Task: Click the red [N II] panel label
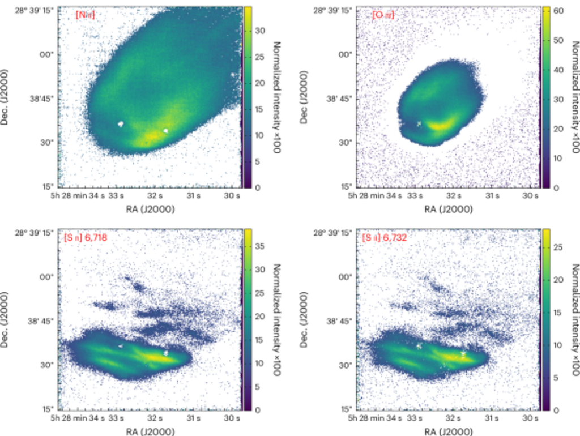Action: pyautogui.click(x=84, y=15)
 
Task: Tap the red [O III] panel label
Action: pyautogui.click(x=383, y=15)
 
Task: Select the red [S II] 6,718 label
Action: pyautogui.click(x=86, y=238)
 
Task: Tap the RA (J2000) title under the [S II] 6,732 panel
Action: pyautogui.click(x=449, y=431)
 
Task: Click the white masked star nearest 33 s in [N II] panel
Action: pyautogui.click(x=121, y=123)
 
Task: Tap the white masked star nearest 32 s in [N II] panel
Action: pyautogui.click(x=166, y=130)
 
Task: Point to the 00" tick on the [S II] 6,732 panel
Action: pyautogui.click(x=345, y=277)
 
